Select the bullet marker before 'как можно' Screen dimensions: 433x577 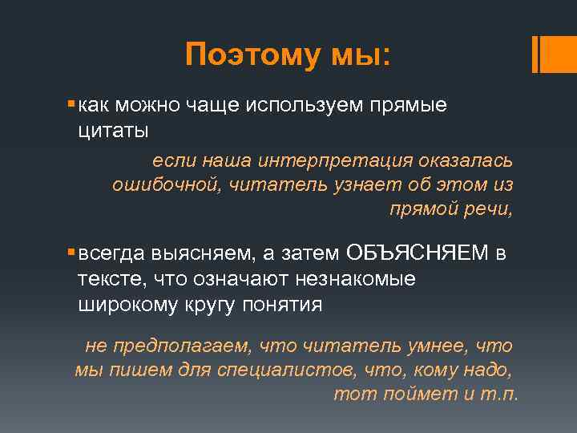71,105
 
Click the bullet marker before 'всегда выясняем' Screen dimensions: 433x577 71,253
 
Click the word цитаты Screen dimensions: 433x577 113,129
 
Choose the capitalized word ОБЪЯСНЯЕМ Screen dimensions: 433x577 417,253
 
